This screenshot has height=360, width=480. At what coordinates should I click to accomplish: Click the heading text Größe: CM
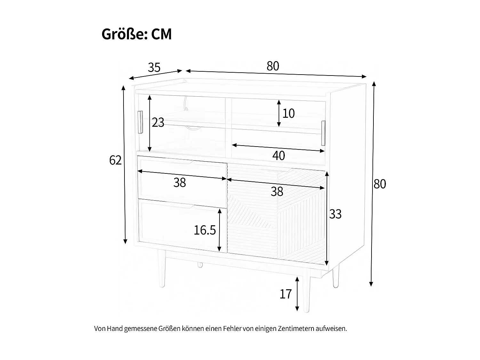click(137, 34)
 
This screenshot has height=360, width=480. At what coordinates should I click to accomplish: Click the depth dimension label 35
click(154, 68)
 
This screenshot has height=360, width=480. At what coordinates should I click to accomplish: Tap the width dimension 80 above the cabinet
click(273, 66)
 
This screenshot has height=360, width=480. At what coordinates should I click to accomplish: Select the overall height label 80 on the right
click(380, 184)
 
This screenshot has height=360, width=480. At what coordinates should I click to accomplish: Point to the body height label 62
click(115, 160)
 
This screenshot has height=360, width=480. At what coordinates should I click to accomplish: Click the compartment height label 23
click(158, 122)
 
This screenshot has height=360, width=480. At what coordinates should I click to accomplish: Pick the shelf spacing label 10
click(288, 113)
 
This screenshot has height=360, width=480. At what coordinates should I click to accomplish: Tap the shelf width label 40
click(278, 156)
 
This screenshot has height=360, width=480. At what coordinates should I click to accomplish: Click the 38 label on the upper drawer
click(180, 183)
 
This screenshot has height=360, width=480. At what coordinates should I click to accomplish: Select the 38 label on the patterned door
click(277, 192)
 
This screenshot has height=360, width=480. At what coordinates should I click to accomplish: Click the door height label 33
click(335, 214)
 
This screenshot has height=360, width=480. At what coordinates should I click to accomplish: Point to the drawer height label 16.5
click(205, 230)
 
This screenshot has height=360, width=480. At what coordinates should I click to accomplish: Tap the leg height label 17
click(286, 294)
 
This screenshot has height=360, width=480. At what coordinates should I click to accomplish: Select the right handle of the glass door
click(323, 132)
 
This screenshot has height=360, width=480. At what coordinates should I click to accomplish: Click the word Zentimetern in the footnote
click(296, 329)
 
